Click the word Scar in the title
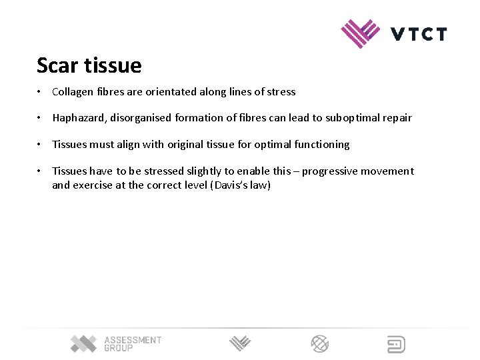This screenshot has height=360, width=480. click(x=55, y=66)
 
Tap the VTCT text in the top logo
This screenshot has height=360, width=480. click(x=419, y=34)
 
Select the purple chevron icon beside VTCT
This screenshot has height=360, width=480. click(x=360, y=33)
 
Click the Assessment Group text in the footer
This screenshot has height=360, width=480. click(x=133, y=344)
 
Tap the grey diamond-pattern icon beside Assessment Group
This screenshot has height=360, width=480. click(x=84, y=344)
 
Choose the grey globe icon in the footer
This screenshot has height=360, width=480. click(x=320, y=344)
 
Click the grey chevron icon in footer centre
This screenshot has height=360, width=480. click(x=240, y=344)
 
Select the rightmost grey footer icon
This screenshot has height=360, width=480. click(x=396, y=344)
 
